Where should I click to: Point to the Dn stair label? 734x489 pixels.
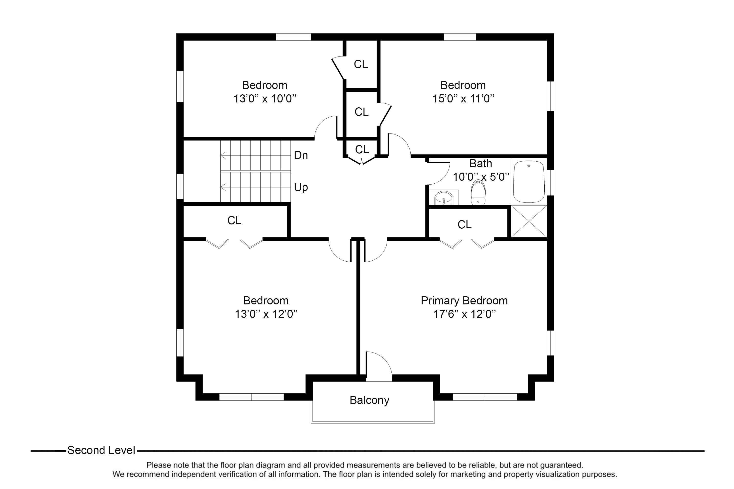pyautogui.click(x=301, y=155)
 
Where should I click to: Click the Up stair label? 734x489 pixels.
pyautogui.click(x=301, y=188)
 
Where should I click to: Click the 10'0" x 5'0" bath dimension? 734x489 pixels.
pyautogui.click(x=481, y=177)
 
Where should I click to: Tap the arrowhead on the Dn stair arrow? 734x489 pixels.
pyautogui.click(x=222, y=155)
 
